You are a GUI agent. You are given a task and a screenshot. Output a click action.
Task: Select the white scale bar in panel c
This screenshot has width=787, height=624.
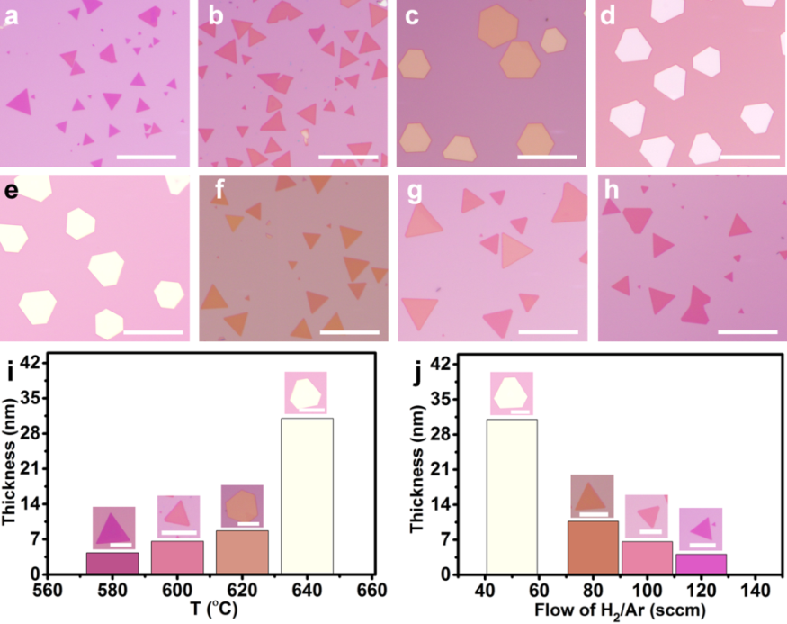[545, 157]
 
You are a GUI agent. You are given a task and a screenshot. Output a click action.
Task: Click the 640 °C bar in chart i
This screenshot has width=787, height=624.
[307, 495]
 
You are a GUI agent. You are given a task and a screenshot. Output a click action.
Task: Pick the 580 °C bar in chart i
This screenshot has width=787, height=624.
[112, 563]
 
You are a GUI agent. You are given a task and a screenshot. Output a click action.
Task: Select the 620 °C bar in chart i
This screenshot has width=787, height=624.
[242, 551]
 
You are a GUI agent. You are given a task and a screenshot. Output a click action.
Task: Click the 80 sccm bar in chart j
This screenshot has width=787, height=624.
[593, 547]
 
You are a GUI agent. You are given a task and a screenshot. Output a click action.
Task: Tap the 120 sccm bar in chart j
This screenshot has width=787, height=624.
[701, 563]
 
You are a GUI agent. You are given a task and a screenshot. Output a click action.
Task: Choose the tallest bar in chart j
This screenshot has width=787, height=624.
[512, 495]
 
